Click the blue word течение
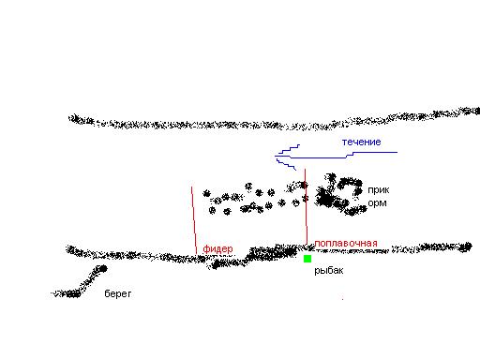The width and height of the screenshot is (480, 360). pyautogui.click(x=362, y=142)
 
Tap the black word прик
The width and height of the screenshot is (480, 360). pyautogui.click(x=379, y=190)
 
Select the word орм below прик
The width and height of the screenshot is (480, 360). pyautogui.click(x=377, y=203)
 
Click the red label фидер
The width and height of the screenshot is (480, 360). pyautogui.click(x=217, y=248)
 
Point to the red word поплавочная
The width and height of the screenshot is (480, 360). pyautogui.click(x=346, y=243)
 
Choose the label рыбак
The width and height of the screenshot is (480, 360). pyautogui.click(x=329, y=270)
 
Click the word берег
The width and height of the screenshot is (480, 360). pyautogui.click(x=118, y=293)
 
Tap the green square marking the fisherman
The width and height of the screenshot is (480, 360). pyautogui.click(x=307, y=259)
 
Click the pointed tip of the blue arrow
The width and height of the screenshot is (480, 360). pyautogui.click(x=276, y=156)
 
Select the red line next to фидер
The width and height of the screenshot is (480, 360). pyautogui.click(x=194, y=220)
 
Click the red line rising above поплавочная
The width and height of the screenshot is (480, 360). pyautogui.click(x=306, y=206)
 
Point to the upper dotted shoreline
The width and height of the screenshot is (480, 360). pyautogui.click(x=275, y=123)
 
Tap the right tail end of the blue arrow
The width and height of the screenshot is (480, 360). pyautogui.click(x=397, y=152)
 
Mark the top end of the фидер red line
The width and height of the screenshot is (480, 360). pyautogui.click(x=191, y=187)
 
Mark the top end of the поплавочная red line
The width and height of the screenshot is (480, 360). pyautogui.click(x=305, y=170)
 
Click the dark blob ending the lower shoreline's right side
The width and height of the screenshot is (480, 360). pyautogui.click(x=467, y=247)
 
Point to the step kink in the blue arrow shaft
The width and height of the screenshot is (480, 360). pyautogui.click(x=350, y=155)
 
